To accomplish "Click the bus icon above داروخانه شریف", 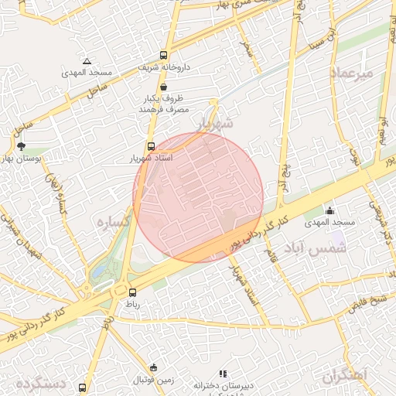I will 163,55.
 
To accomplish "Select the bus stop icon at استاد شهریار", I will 151,145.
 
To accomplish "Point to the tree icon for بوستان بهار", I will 21,145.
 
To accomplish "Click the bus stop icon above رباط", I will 132,292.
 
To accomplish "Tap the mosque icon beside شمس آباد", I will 330,210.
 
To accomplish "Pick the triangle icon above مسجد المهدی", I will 87,61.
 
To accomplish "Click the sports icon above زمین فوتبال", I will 153,367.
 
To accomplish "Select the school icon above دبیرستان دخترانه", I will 224,374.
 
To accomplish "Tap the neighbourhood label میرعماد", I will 352,73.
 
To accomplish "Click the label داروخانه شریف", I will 164,68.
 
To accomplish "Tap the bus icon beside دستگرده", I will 83,387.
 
